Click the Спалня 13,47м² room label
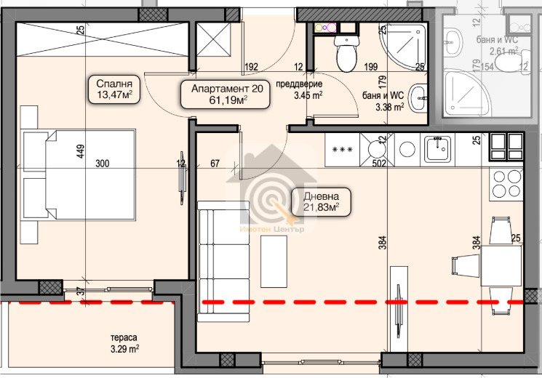pyautogui.click(x=114, y=89)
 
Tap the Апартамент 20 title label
pyautogui.click(x=227, y=89)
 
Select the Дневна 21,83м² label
pyautogui.click(x=321, y=202)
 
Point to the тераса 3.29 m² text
pyautogui.click(x=124, y=343)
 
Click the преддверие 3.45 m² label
pyautogui.click(x=299, y=90)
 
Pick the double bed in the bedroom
pyautogui.click(x=78, y=174)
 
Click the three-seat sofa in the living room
pyautogui.click(x=223, y=261)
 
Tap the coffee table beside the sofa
pyautogui.click(x=274, y=261)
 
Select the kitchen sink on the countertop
pyautogui.click(x=438, y=149)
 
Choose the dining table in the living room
pyautogui.click(x=501, y=266)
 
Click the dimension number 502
pyautogui.click(x=379, y=163)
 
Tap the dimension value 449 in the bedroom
pyautogui.click(x=80, y=151)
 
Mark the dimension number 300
pyautogui.click(x=103, y=163)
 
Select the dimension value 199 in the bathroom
pyautogui.click(x=370, y=66)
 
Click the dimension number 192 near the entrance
pyautogui.click(x=251, y=66)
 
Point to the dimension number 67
pyautogui.click(x=215, y=163)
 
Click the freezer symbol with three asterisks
pyautogui.click(x=342, y=150)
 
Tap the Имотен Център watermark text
pyautogui.click(x=272, y=229)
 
